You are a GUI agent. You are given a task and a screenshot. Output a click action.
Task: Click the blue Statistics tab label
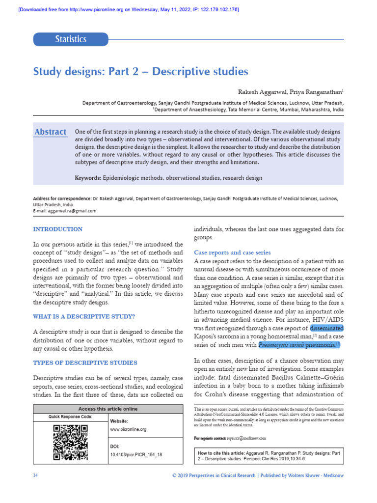[x=70, y=39]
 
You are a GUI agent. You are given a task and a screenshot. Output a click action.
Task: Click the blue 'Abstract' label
[x=50, y=132]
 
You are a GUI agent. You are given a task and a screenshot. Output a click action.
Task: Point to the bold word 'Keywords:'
[x=88, y=178]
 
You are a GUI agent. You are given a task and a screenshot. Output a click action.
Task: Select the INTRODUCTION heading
[x=57, y=229]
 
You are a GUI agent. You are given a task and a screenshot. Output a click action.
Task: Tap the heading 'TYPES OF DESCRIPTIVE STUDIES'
[x=85, y=363]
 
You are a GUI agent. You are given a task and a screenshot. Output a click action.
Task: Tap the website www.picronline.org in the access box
[x=129, y=429]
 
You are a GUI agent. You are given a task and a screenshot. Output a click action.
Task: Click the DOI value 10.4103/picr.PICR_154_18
[x=136, y=455]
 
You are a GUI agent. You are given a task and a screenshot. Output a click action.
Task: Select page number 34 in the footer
[x=35, y=476]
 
